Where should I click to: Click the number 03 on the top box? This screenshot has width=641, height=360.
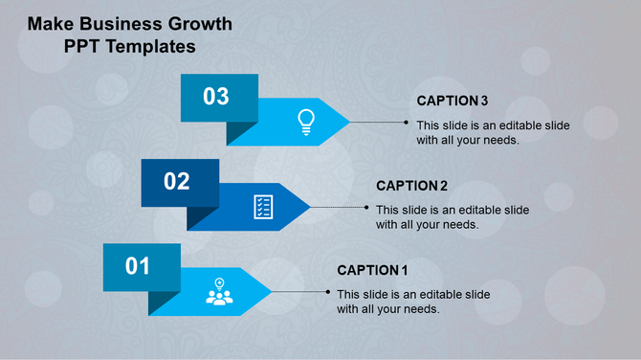[216, 97]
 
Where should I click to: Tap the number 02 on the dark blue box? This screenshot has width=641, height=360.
[177, 181]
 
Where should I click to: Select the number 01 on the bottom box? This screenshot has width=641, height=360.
[139, 265]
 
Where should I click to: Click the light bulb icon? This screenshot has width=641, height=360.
[305, 121]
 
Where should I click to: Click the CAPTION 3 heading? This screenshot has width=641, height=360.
[453, 101]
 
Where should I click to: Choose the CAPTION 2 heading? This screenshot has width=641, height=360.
[412, 186]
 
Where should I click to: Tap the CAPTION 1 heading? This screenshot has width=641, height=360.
[373, 270]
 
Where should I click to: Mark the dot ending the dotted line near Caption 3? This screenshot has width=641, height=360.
[408, 123]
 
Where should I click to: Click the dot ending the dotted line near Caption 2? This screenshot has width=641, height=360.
[368, 207]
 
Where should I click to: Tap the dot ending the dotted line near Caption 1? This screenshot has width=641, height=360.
[329, 291]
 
